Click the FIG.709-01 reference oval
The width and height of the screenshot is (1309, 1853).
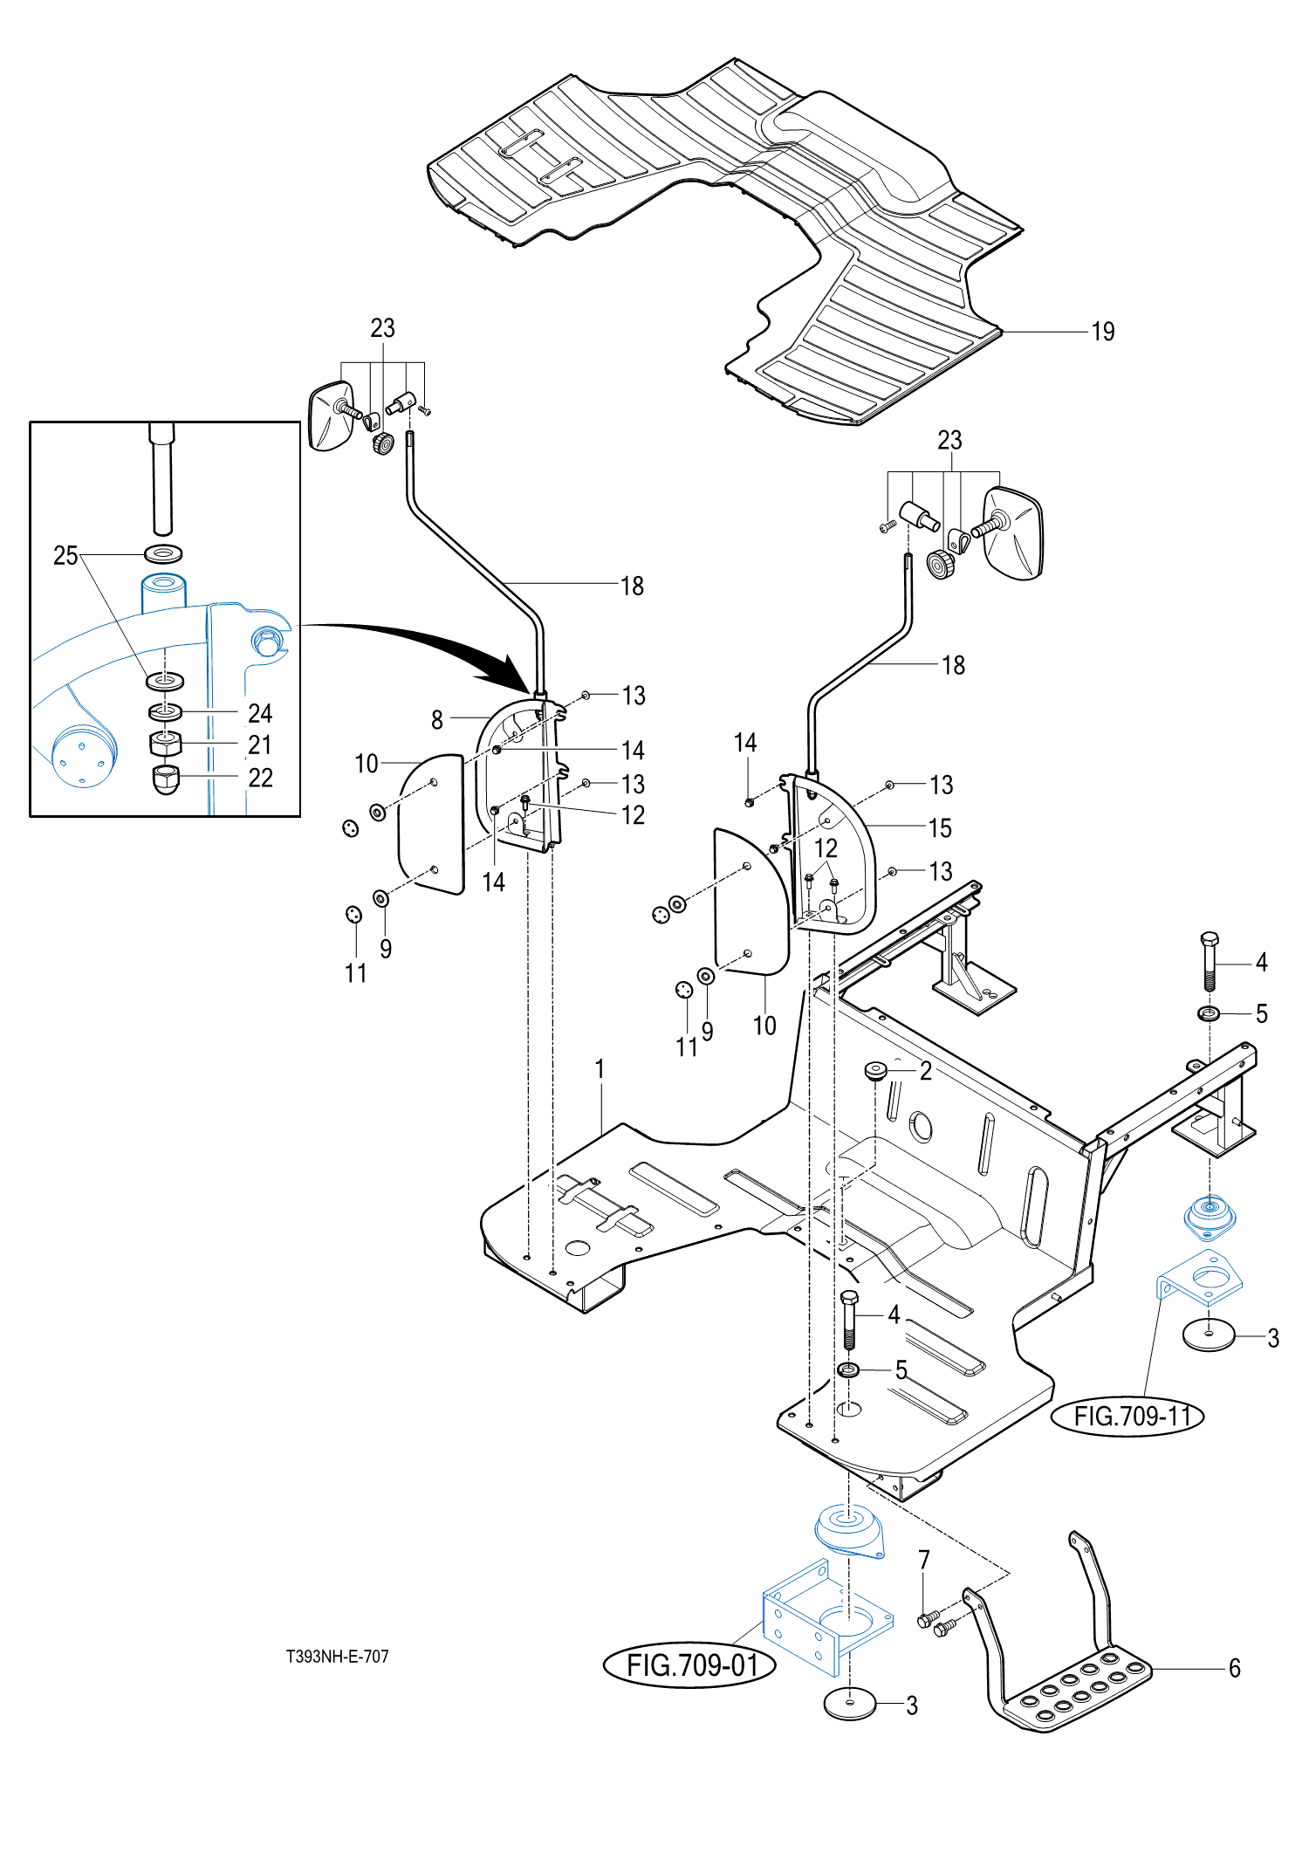[x=689, y=1664]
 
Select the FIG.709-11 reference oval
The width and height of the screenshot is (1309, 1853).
[x=1127, y=1415]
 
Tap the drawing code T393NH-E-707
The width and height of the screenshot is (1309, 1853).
[x=338, y=1656]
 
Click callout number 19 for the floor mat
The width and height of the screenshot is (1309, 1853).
[x=1103, y=332]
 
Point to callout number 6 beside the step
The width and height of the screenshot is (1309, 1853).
[x=1235, y=1668]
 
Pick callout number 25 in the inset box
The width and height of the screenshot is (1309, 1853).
[x=65, y=555]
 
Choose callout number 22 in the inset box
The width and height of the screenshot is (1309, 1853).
[x=260, y=778]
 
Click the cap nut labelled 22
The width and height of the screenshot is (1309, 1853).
[x=166, y=779]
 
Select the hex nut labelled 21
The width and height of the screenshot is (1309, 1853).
[x=166, y=744]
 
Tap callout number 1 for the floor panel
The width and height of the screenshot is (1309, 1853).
[x=600, y=1068]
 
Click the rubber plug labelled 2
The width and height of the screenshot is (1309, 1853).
[x=875, y=1070]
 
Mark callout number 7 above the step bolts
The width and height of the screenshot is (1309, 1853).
[x=924, y=1559]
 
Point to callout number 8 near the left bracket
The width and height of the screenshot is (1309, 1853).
[x=437, y=720]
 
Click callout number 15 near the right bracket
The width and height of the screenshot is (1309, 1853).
[x=940, y=828]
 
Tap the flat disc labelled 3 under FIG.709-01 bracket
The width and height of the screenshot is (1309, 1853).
[x=850, y=1703]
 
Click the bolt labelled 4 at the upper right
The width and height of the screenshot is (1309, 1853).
[x=1210, y=961]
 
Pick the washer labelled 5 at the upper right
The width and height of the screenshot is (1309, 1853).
[x=1210, y=1013]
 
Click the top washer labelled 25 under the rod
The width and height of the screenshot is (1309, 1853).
[x=163, y=553]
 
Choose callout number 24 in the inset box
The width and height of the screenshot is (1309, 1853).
[x=260, y=713]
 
